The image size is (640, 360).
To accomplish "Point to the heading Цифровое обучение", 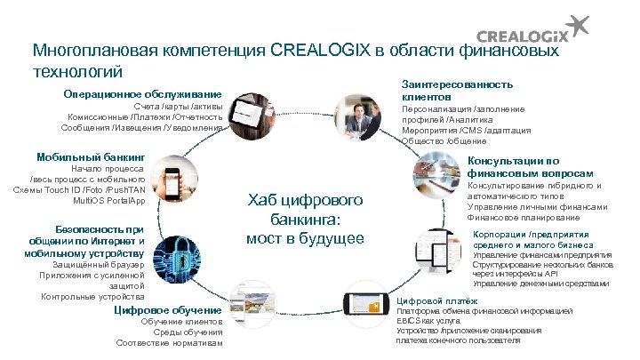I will pyautogui.click(x=168, y=310).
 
